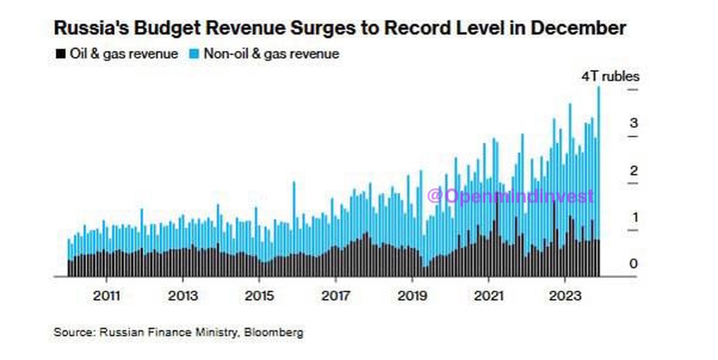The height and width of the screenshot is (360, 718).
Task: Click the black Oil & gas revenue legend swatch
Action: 60,54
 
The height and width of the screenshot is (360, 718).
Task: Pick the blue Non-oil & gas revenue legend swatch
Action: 194,54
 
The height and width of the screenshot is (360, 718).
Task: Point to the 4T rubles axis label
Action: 611,77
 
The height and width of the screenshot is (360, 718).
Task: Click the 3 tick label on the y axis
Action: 634,124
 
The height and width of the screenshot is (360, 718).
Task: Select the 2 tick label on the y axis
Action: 634,171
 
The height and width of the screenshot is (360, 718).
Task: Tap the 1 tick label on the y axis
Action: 634,217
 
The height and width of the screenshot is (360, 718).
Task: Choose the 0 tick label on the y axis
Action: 634,264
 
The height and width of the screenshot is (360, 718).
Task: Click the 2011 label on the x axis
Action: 107,295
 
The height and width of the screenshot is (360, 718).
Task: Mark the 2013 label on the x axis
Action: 182,295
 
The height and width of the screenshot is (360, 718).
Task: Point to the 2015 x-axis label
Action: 259,295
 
